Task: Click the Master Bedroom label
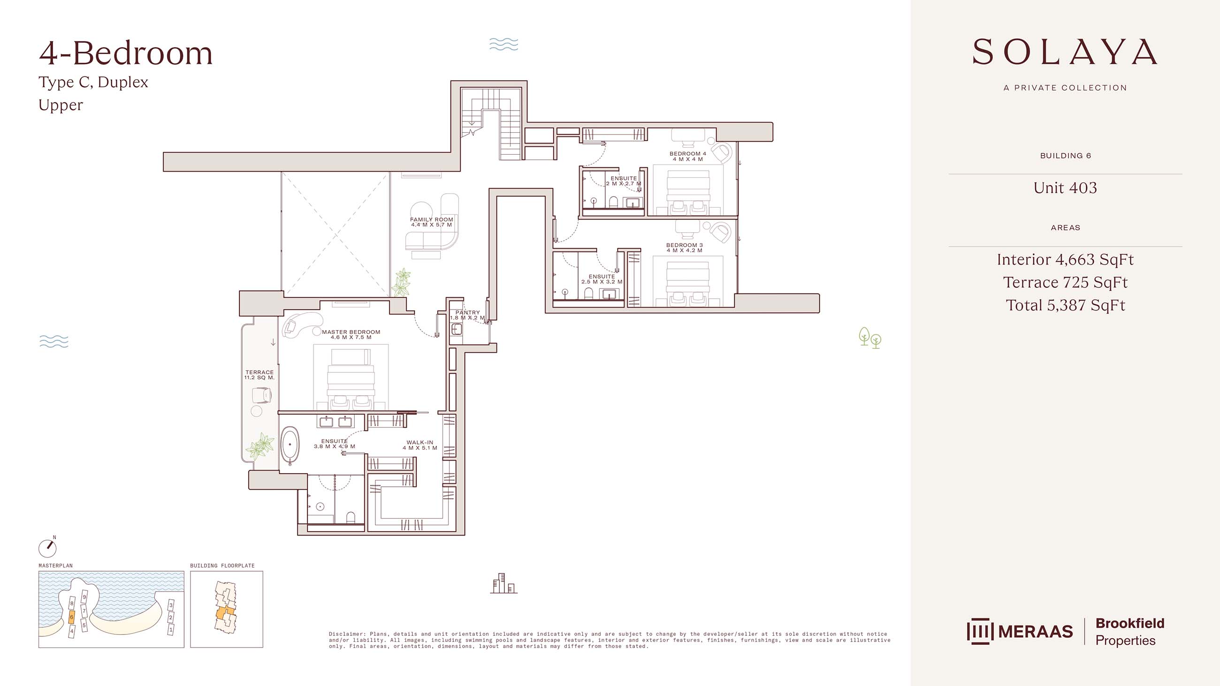(351, 334)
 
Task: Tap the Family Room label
(431, 222)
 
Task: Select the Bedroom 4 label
(688, 156)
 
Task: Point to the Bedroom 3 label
(684, 248)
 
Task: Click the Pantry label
(467, 315)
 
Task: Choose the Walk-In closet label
(419, 445)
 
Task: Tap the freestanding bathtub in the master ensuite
(290, 445)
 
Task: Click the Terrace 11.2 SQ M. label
(259, 375)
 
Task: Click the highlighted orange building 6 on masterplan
(71, 617)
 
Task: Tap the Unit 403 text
(1065, 188)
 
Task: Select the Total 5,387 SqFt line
(1065, 305)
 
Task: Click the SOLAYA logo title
(1065, 52)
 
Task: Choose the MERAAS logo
(1020, 632)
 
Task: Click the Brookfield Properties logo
(1129, 632)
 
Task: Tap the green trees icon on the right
(870, 338)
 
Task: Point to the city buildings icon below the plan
(503, 583)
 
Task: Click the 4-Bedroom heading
(126, 53)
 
